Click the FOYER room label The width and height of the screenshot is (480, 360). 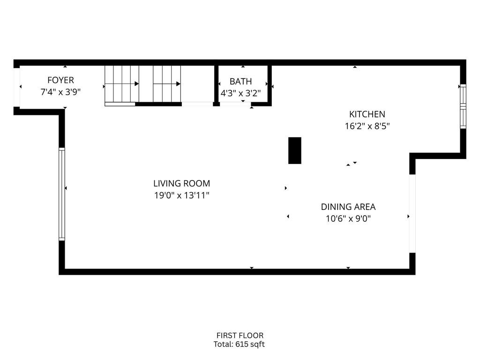pos(60,80)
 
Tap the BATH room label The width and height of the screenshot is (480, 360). pos(240,82)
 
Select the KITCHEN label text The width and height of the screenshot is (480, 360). pos(367,114)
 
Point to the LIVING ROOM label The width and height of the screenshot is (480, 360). pos(181,183)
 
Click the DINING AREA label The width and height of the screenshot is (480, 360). pos(348,207)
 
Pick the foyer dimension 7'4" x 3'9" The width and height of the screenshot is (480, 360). pos(60,92)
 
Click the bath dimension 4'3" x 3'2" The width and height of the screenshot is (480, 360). pos(240,93)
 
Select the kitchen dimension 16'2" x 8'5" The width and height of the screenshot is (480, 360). pos(367,126)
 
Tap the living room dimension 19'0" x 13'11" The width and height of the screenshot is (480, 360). pos(181,195)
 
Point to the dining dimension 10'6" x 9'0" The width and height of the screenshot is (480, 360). pos(348,218)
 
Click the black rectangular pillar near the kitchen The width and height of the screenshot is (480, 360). pos(295,150)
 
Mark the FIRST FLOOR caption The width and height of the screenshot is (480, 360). pos(240,336)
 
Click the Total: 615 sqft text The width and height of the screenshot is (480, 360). pos(239,345)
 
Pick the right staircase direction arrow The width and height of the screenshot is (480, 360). pos(167,83)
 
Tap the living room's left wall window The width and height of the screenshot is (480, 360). pos(62,194)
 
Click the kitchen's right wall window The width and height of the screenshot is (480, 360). pos(463,106)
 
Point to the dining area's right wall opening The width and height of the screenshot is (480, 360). pos(412,213)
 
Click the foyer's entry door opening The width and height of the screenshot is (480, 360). pos(16,87)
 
